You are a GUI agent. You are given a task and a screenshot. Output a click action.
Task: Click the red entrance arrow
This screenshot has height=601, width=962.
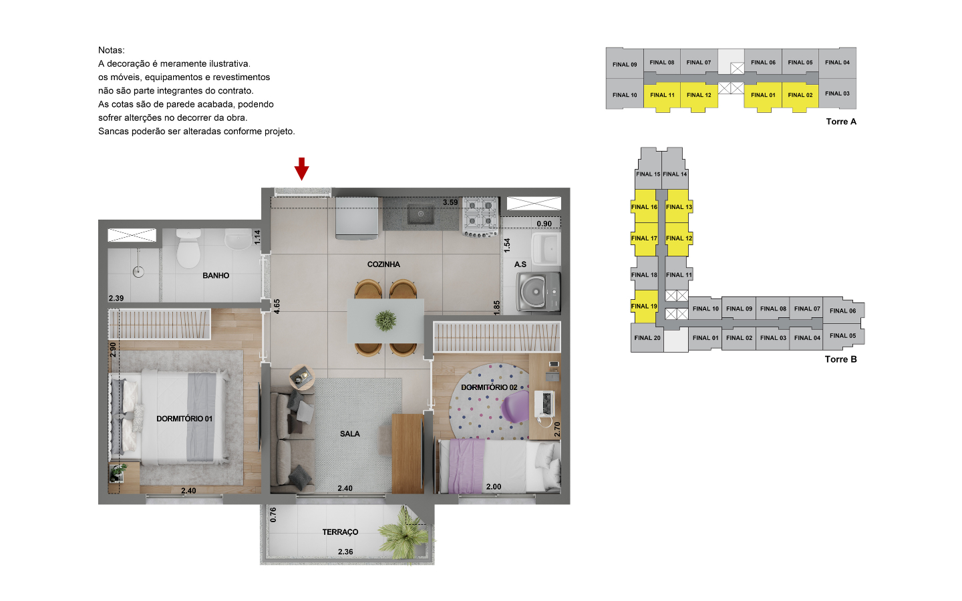[301, 168]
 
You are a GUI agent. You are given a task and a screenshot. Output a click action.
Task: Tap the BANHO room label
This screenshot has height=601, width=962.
[216, 276]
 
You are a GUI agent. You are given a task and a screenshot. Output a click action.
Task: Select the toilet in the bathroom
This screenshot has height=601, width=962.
[188, 248]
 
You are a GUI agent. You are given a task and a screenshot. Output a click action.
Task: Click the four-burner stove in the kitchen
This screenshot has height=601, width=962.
[480, 217]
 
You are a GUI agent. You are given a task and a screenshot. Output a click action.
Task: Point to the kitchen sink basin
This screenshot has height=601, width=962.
[420, 214]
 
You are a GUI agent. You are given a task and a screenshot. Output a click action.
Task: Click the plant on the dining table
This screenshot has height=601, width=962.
[385, 321]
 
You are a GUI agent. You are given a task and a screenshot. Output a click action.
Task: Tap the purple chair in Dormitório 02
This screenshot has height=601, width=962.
[515, 406]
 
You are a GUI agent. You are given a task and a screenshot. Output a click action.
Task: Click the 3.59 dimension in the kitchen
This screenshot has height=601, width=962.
[450, 202]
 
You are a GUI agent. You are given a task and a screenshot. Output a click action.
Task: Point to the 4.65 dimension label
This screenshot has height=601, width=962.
[277, 307]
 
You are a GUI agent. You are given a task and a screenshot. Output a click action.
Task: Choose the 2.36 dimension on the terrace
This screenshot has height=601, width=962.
[345, 552]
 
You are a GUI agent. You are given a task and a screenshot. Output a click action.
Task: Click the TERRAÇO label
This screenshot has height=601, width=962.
[340, 532]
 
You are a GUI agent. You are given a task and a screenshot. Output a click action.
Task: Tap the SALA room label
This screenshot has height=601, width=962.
[349, 434]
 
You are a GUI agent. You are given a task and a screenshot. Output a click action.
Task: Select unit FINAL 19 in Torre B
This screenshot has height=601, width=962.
[644, 306]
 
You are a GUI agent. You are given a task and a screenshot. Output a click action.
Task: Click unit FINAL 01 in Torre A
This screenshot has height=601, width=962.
[763, 95]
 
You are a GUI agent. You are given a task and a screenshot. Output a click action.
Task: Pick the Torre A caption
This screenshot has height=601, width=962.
[841, 122]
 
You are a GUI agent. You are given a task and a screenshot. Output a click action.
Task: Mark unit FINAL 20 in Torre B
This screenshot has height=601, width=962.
[647, 338]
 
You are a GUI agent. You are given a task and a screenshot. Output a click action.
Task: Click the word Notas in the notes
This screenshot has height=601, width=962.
[111, 50]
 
